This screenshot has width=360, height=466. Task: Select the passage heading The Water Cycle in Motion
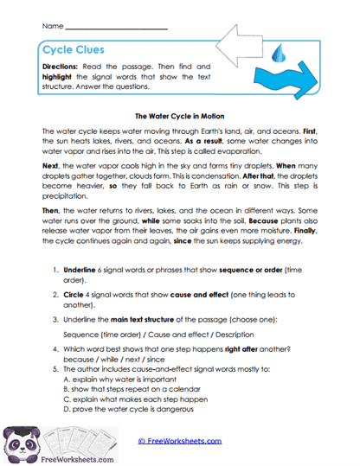(x=179, y=114)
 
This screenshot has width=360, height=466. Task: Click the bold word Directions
(x=61, y=67)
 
